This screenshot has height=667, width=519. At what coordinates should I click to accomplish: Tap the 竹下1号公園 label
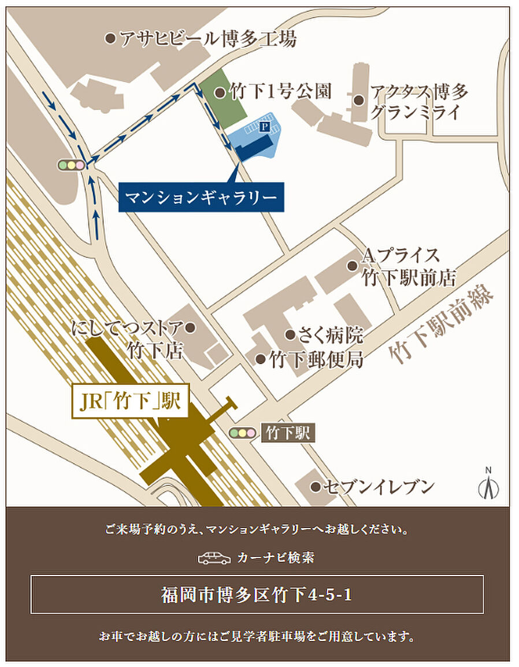pyautogui.click(x=280, y=91)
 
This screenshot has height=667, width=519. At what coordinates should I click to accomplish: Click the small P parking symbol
pyautogui.click(x=265, y=125)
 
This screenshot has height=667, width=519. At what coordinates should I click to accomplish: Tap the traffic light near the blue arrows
pyautogui.click(x=72, y=165)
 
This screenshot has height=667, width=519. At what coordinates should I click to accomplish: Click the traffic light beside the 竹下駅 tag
pyautogui.click(x=242, y=432)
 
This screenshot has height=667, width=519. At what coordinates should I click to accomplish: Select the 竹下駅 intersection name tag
pyautogui.click(x=288, y=432)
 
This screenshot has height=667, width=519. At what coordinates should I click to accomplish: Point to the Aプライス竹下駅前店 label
pyautogui.click(x=408, y=266)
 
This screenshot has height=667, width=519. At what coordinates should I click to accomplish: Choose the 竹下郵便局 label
pyautogui.click(x=316, y=359)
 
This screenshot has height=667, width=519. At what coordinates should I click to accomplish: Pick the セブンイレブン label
pyautogui.click(x=379, y=487)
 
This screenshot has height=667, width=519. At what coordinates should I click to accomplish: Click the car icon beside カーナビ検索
pyautogui.click(x=214, y=558)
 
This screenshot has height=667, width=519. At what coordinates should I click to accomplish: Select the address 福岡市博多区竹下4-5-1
pyautogui.click(x=257, y=595)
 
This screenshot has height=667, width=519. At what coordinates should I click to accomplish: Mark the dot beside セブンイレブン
pyautogui.click(x=315, y=487)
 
